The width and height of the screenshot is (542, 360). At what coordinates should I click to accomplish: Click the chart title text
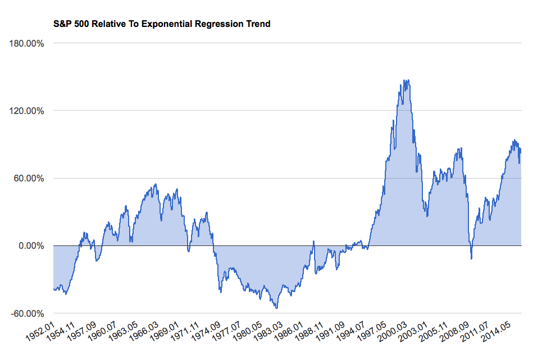(161, 24)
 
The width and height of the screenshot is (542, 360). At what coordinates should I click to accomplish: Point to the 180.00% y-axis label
(25, 43)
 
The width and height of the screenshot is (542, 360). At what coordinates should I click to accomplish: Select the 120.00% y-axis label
(25, 111)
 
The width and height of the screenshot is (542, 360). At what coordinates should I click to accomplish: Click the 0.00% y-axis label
(29, 246)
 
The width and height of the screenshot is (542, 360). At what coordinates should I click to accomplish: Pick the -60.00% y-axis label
(25, 313)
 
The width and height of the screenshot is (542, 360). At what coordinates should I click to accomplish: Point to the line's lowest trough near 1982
(277, 308)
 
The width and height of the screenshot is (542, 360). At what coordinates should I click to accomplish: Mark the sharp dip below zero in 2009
(471, 258)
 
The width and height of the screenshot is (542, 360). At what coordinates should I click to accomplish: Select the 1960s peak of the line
(156, 184)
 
